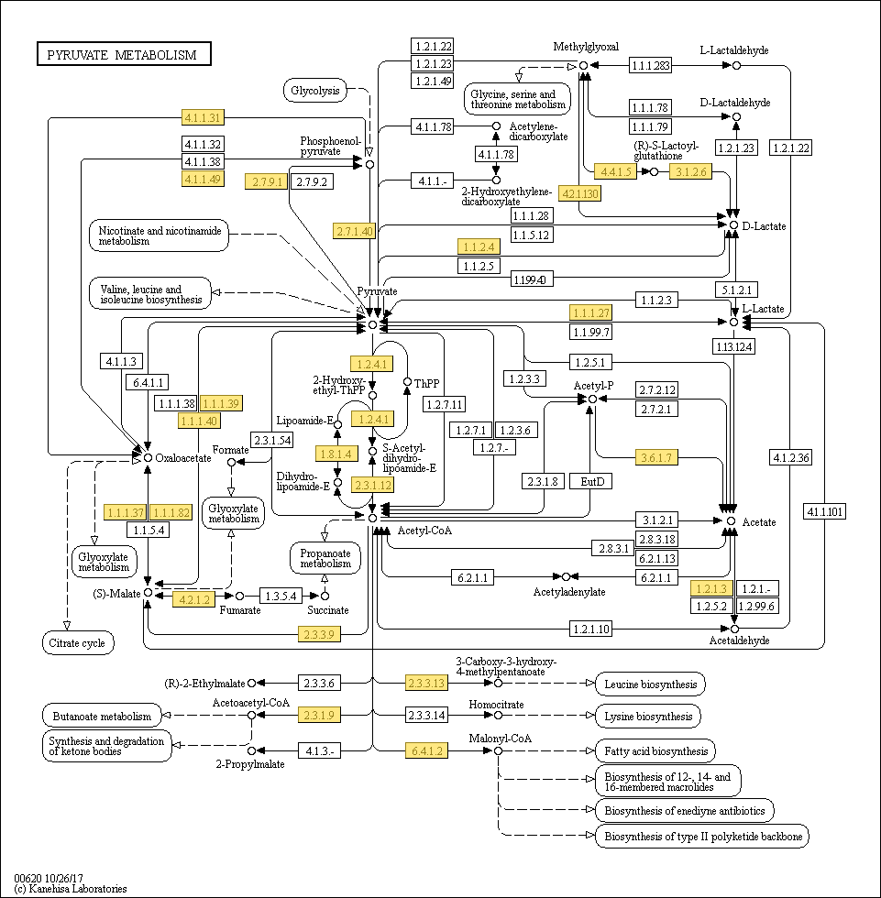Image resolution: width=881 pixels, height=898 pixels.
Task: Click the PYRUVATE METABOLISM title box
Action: (124, 54)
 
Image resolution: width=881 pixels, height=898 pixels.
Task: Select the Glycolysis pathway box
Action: (315, 91)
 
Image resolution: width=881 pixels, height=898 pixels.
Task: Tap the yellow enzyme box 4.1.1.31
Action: (203, 117)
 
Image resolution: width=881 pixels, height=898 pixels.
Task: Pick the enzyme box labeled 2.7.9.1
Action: (267, 181)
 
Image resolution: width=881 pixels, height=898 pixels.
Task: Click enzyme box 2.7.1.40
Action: (354, 231)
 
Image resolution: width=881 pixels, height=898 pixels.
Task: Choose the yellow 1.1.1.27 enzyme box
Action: (591, 312)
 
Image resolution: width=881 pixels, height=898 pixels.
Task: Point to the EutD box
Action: (591, 481)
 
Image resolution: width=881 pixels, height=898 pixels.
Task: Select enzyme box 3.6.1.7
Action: (656, 457)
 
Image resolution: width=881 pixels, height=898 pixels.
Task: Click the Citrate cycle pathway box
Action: (77, 642)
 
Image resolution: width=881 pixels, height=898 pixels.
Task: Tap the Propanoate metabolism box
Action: (325, 558)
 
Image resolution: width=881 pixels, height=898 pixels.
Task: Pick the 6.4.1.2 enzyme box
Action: (427, 750)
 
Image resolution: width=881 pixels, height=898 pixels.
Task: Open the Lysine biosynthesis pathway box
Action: (648, 716)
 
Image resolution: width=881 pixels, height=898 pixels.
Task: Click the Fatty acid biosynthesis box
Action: (655, 750)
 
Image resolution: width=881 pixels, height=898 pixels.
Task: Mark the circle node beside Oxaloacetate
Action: (148, 457)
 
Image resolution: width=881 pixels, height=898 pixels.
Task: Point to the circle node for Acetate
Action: (731, 520)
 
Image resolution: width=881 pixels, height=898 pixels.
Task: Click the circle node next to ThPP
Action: (407, 381)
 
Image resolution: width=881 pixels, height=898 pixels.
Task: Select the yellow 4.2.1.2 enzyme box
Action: (194, 599)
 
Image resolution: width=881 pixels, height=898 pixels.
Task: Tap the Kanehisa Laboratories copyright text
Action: (71, 888)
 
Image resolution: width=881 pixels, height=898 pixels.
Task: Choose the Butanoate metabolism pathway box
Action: (102, 716)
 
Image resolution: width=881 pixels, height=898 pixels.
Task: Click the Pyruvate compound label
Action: (377, 291)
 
